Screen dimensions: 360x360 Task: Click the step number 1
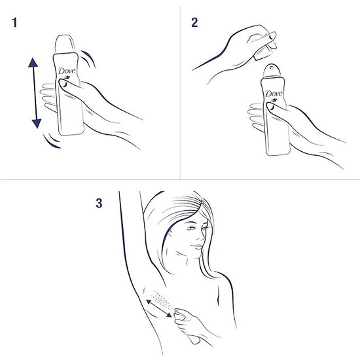click(14, 24)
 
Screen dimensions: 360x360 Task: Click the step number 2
click(194, 24)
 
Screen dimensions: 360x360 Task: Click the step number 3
click(99, 203)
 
